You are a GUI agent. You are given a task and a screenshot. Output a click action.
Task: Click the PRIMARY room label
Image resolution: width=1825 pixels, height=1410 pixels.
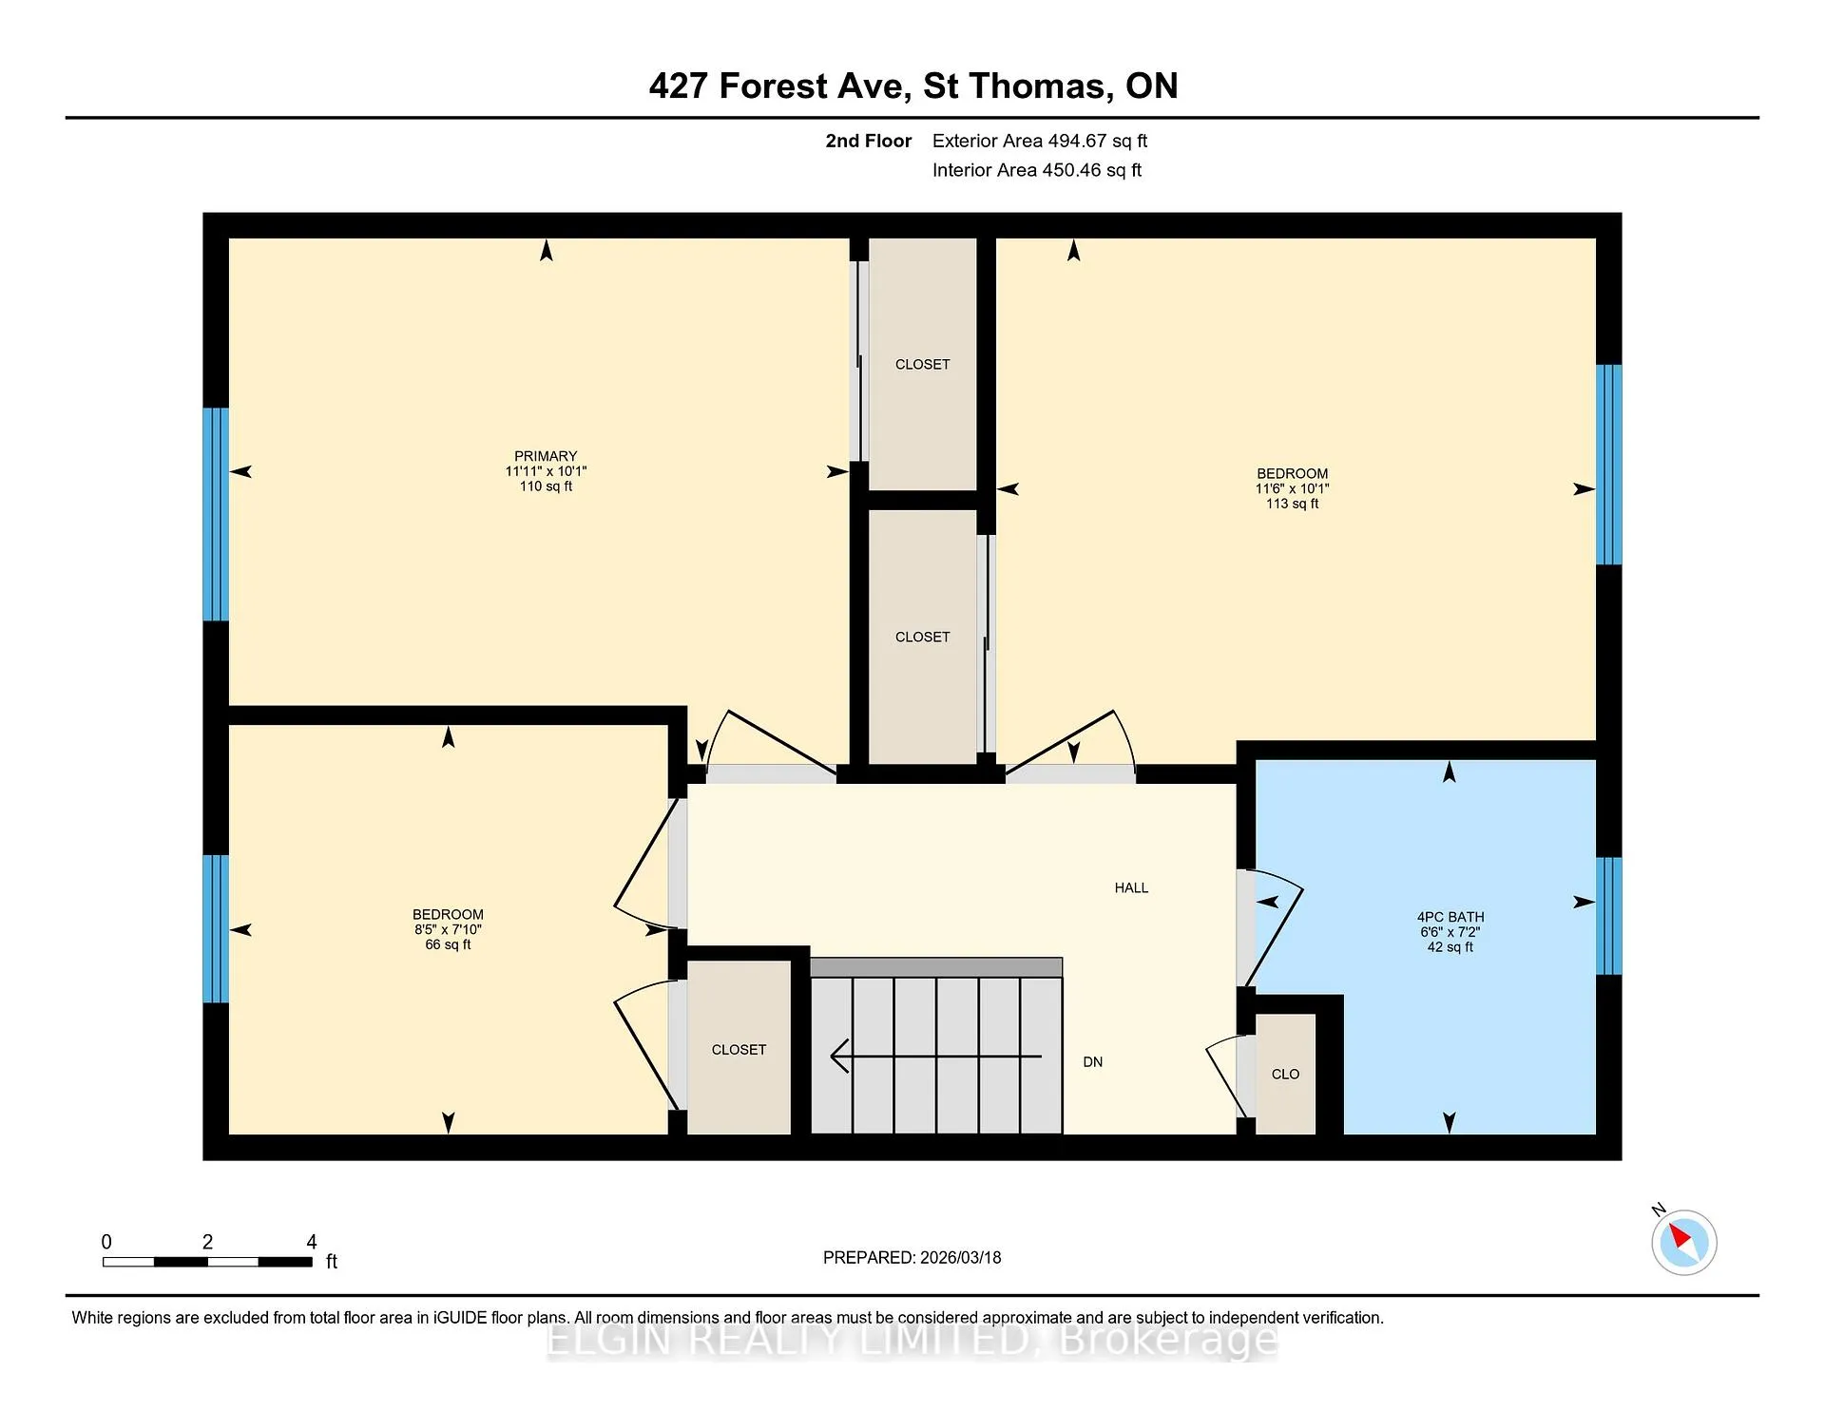tap(546, 456)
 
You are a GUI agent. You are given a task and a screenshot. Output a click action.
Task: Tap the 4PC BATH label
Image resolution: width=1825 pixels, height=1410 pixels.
tap(1450, 917)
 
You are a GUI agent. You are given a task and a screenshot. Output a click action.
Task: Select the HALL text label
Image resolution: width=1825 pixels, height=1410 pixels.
tap(1131, 887)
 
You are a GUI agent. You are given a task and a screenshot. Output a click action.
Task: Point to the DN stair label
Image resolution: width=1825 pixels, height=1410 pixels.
tap(1093, 1061)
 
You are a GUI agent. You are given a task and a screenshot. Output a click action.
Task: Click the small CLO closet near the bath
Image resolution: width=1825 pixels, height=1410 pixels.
tap(1285, 1074)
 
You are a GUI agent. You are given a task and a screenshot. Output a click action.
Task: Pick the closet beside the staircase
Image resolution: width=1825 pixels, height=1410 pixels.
tap(739, 1047)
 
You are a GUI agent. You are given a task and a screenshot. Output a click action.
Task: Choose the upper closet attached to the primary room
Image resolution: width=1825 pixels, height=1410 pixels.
tap(922, 364)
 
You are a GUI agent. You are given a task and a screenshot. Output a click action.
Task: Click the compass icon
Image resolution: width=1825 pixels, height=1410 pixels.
tap(1683, 1242)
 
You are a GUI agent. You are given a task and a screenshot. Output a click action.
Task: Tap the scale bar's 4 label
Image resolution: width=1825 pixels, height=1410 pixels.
tap(312, 1241)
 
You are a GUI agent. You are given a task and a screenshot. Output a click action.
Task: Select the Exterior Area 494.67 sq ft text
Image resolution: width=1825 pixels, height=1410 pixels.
tap(1040, 141)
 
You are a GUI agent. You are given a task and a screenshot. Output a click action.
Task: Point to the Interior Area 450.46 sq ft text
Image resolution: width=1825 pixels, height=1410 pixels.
tap(1037, 170)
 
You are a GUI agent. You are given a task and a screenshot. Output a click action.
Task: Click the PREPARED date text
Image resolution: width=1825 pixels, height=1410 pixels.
tap(912, 1257)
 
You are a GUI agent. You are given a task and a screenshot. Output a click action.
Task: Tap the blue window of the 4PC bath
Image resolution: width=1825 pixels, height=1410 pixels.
tap(1608, 916)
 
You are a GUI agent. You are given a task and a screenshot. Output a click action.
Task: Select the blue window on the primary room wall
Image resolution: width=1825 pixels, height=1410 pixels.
tap(216, 514)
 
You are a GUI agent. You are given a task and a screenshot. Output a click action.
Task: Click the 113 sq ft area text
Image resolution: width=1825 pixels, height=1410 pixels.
tap(1292, 504)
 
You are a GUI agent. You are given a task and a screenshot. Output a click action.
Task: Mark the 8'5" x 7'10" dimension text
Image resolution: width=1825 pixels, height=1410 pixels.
tap(448, 929)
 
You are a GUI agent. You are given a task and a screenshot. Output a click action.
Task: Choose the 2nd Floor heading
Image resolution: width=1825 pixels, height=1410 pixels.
tap(869, 141)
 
